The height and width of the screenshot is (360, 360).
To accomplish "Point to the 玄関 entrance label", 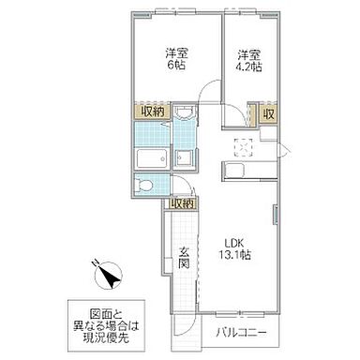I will coord(186,256).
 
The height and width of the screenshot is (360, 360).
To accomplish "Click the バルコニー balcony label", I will coord(242,333).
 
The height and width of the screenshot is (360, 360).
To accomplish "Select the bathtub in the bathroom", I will coord(149,157).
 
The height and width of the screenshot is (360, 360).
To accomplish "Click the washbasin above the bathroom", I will coord(185,118).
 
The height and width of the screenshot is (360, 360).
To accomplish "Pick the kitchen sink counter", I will coord(246,169).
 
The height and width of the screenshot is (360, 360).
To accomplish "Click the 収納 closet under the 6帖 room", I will coord(153,112).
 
